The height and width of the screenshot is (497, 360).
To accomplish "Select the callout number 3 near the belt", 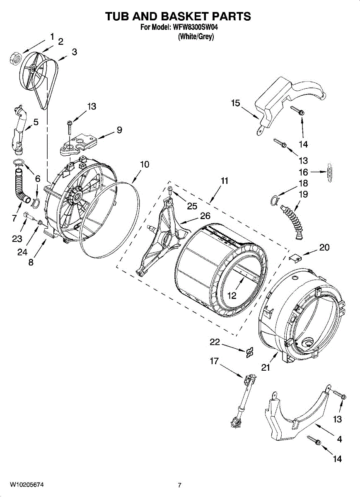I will (74, 52).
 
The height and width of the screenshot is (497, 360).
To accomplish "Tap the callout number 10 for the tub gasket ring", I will (144, 164).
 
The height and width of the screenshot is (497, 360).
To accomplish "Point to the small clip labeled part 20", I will (295, 258).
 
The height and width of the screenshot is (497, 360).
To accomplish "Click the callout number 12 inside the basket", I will (232, 296).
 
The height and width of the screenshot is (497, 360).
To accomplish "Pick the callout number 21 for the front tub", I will (266, 367).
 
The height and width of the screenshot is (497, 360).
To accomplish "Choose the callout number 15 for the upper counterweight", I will (235, 103).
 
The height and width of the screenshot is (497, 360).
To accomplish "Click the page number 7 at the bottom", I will (179, 485).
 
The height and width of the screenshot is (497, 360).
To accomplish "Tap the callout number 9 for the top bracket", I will (119, 130).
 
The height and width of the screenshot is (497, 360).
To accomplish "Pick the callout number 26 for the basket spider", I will (205, 216).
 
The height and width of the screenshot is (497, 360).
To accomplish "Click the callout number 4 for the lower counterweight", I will (339, 439).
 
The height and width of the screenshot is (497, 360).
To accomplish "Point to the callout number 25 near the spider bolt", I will (192, 206).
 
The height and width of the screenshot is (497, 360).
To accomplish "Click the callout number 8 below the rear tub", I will (31, 262).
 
